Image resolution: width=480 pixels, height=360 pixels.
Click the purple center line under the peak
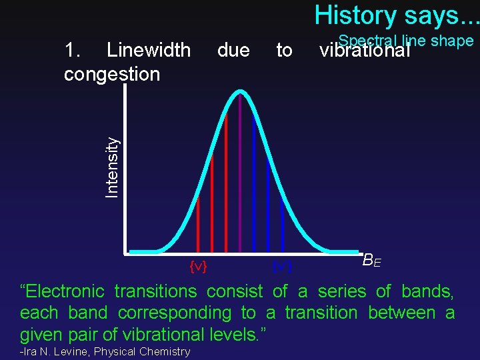(240, 173)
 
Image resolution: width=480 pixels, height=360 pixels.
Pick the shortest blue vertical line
(283, 227)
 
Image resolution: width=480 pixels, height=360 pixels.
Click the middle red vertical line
(212, 203)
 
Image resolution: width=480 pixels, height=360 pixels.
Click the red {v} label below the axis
(198, 266)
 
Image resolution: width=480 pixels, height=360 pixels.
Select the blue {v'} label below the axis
(282, 266)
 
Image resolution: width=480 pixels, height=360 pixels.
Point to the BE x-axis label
(372, 261)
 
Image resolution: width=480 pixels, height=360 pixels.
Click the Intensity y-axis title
(113, 167)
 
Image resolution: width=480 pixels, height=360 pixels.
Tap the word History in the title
(353, 14)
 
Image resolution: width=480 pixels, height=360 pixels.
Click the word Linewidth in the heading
(149, 50)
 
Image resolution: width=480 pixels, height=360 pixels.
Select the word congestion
(111, 73)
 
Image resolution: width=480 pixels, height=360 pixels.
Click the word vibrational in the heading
(364, 51)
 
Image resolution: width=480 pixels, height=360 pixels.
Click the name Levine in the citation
(71, 351)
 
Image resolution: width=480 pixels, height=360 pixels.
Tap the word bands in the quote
(427, 291)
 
